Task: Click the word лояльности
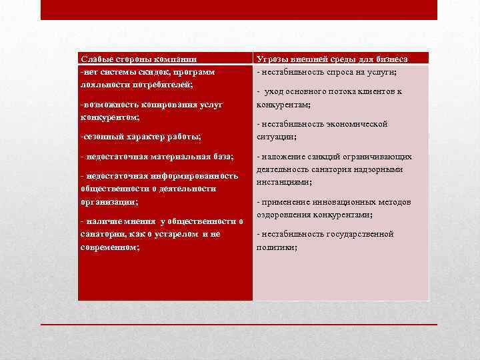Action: pyautogui.click(x=103, y=85)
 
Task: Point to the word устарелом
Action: pyautogui.click(x=175, y=234)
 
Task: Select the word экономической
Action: pyautogui.click(x=335, y=124)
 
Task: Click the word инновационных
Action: pyautogui.click(x=343, y=202)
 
